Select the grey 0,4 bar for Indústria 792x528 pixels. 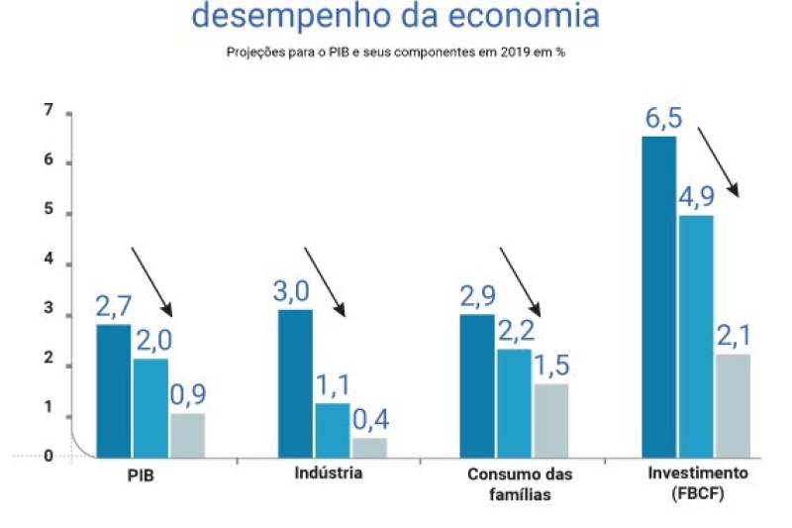369,447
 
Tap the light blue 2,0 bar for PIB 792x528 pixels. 150,407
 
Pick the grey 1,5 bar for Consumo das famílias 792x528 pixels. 551,420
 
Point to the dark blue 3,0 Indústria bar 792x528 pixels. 295,382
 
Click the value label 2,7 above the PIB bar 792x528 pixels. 114,306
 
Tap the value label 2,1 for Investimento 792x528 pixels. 734,337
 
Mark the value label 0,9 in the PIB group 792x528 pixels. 188,395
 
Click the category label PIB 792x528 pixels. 141,475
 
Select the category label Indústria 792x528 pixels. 329,473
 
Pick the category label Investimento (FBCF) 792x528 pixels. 698,482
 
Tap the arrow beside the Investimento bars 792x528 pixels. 719,160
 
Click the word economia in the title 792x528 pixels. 524,16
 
